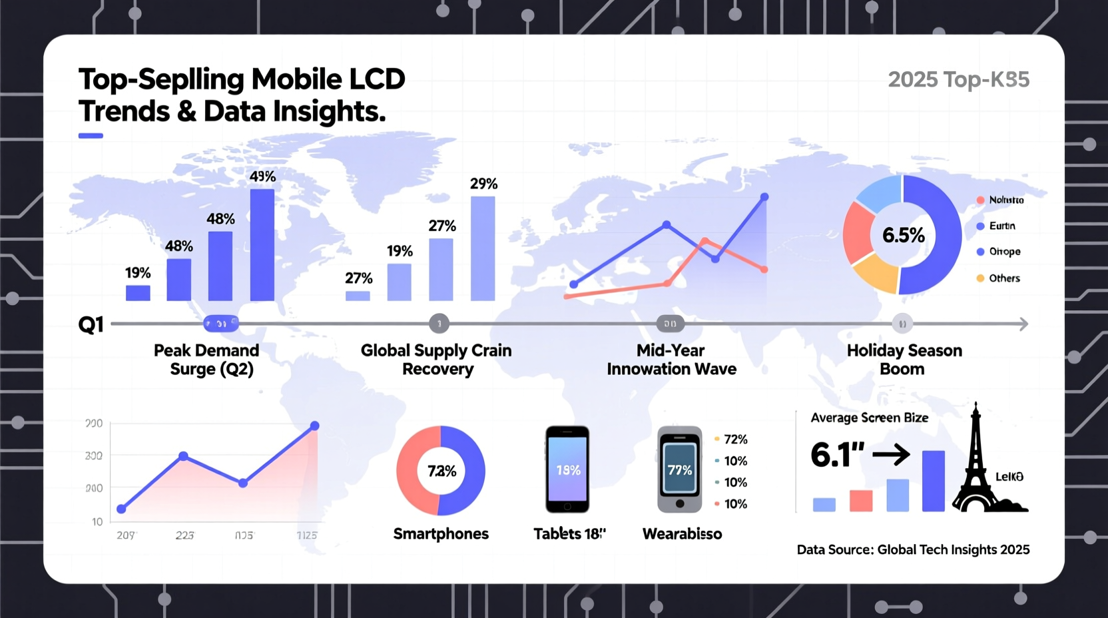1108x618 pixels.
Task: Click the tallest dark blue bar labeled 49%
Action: coord(262,244)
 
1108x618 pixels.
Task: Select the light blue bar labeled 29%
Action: coord(482,248)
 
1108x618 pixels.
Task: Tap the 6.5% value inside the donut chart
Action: coord(903,235)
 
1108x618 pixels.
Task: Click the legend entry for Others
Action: coord(1003,278)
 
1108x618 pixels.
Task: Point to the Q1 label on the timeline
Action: coord(91,325)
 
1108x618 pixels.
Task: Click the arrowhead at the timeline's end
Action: coord(1023,324)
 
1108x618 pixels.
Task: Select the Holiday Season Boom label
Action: coord(904,360)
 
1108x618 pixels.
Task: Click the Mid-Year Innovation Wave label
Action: coord(671,360)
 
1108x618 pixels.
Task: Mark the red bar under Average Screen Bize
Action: coord(861,501)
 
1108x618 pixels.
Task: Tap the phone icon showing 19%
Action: coord(567,469)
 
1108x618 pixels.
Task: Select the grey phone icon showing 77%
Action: coord(679,469)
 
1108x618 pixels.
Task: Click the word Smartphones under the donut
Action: coord(441,533)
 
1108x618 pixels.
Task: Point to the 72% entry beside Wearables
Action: coord(735,440)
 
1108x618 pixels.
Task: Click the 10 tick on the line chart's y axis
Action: coord(97,521)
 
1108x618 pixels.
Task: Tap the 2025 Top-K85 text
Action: coord(958,80)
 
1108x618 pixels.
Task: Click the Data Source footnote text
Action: coord(913,550)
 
